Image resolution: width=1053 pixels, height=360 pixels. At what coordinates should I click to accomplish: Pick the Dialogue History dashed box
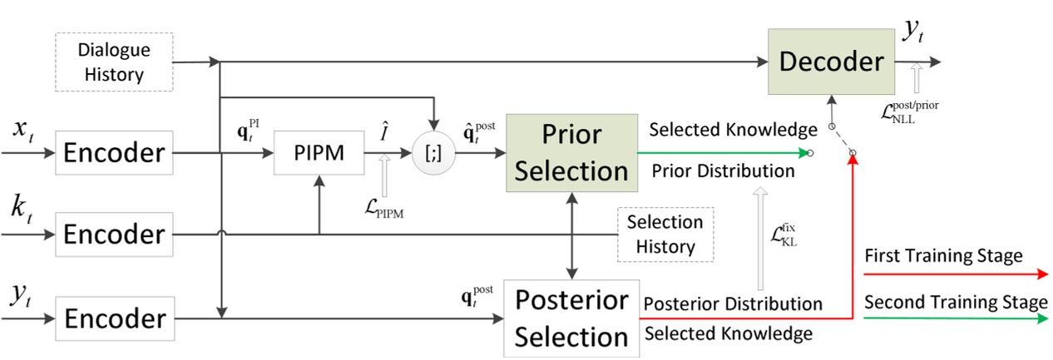(x=114, y=62)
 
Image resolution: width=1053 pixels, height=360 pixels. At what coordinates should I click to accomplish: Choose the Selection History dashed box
(x=665, y=234)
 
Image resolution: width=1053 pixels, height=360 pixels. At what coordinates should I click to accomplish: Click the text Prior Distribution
(x=722, y=171)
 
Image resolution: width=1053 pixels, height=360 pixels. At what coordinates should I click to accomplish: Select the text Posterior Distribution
(x=733, y=303)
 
